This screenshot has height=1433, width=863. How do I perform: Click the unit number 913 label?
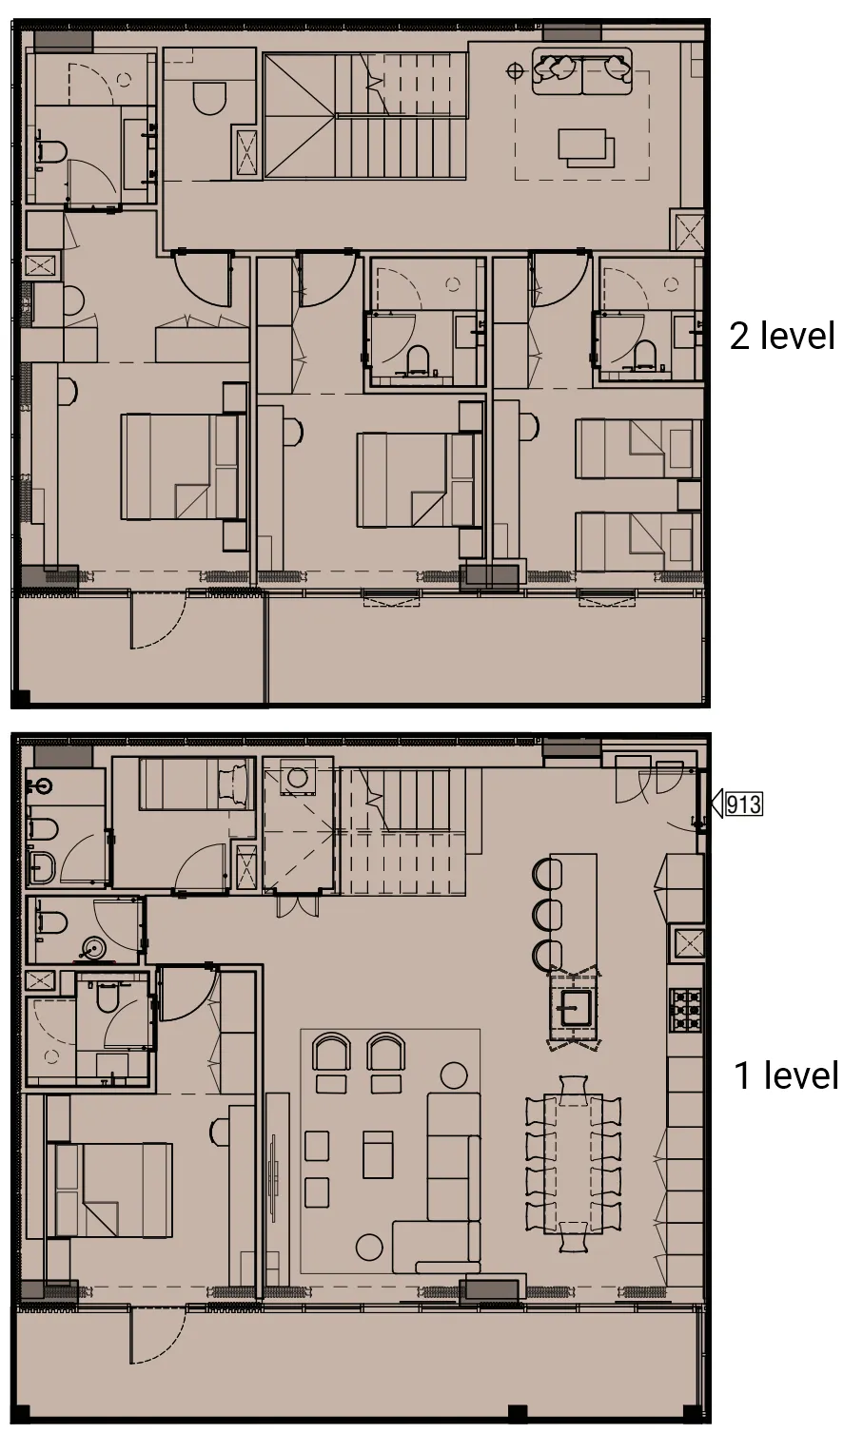point(742,804)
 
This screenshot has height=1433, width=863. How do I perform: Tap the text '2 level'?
point(782,336)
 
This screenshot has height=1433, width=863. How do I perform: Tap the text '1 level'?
point(786,1075)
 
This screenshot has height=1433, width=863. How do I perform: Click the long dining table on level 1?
point(574,1164)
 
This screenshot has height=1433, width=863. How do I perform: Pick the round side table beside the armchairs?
point(454,1076)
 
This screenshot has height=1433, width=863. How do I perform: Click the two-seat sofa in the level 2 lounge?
point(581,70)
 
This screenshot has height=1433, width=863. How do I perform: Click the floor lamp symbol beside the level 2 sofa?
point(515,68)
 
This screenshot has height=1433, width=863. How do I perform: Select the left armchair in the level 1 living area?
point(331,1054)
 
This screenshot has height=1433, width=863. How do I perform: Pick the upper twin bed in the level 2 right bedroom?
point(635,449)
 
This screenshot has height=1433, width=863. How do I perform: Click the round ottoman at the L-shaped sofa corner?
point(369,1247)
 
